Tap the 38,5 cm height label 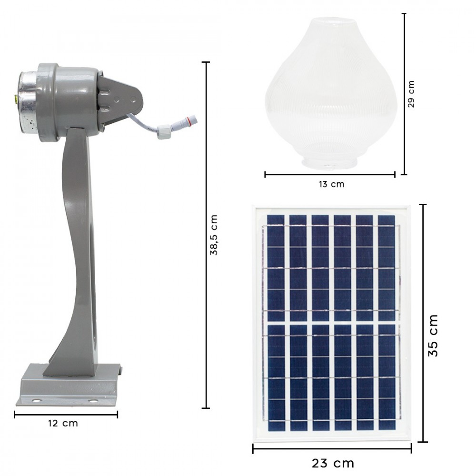pyautogui.click(x=215, y=235)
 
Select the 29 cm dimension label pyautogui.click(x=411, y=94)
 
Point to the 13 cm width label pyautogui.click(x=331, y=184)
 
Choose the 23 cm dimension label pyautogui.click(x=333, y=463)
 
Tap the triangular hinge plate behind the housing pyautogui.click(x=121, y=98)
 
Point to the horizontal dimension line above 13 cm pyautogui.click(x=330, y=175)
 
